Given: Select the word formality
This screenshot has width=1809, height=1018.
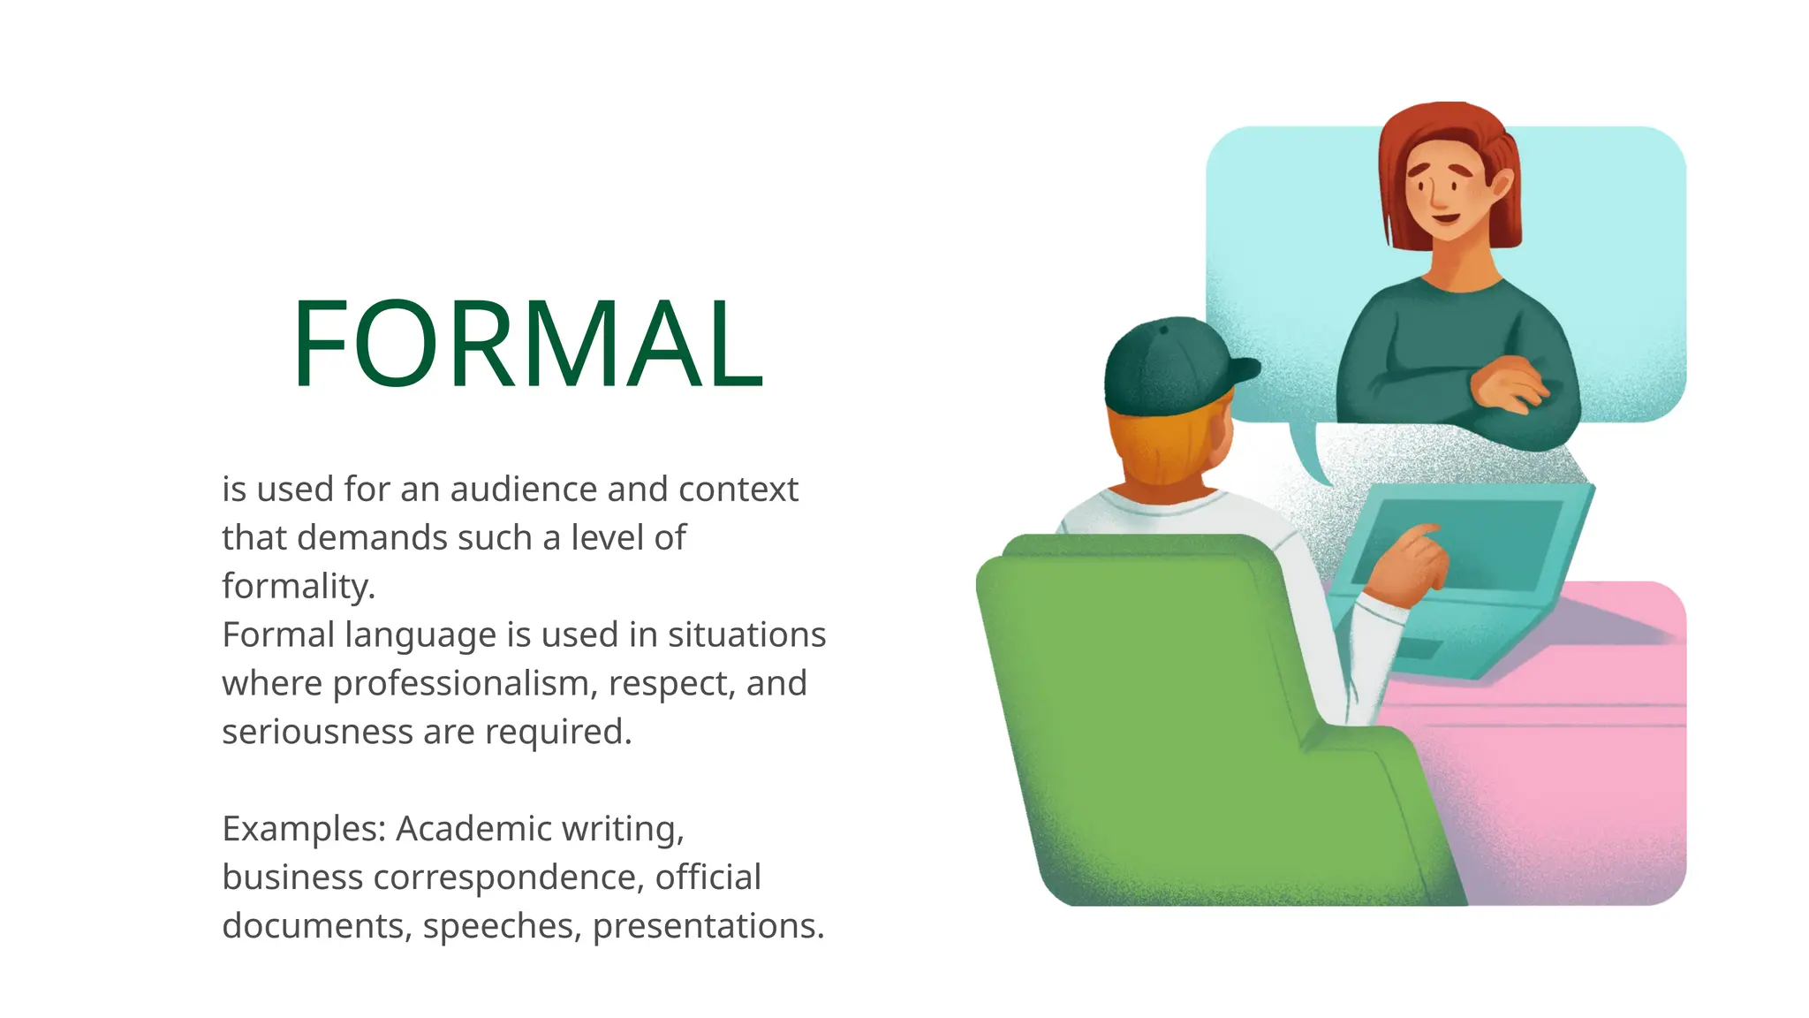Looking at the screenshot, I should click(298, 586).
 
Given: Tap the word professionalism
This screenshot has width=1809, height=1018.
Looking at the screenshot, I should click(465, 683).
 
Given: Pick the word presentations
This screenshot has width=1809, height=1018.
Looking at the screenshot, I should click(708, 926).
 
